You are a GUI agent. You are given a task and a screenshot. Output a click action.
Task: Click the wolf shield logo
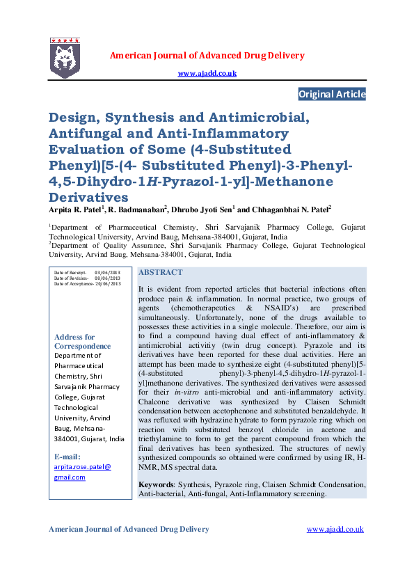65,58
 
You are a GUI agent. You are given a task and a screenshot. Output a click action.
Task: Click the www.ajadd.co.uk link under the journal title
207,73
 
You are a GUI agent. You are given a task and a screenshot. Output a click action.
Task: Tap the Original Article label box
331,94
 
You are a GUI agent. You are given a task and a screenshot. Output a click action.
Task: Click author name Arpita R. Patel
75,207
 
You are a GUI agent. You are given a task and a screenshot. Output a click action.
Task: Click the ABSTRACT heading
161,272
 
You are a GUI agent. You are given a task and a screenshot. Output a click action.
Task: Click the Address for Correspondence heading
82,342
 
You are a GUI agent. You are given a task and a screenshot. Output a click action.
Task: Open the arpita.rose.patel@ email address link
82,467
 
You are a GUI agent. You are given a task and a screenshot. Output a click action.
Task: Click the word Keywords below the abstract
157,484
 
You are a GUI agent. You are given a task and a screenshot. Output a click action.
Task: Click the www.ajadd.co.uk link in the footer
335,529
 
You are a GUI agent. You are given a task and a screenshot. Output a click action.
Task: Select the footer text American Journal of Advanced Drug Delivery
128,529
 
